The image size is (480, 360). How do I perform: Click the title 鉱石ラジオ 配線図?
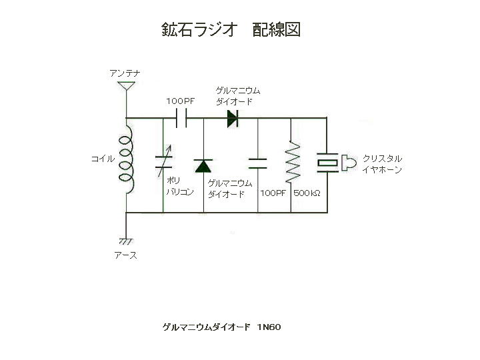click(231, 29)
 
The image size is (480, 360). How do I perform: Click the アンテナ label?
click(125, 72)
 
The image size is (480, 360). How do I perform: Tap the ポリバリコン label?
click(178, 186)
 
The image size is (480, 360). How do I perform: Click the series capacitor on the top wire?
click(181, 118)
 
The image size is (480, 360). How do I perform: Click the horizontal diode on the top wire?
click(232, 118)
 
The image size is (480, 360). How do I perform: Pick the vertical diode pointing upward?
click(203, 165)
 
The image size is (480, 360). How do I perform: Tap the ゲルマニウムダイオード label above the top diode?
click(237, 96)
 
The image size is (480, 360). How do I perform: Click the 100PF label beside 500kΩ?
click(273, 193)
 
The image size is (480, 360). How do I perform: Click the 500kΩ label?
click(307, 193)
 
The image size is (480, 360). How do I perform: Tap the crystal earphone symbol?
click(333, 162)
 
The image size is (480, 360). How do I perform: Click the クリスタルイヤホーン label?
click(382, 164)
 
